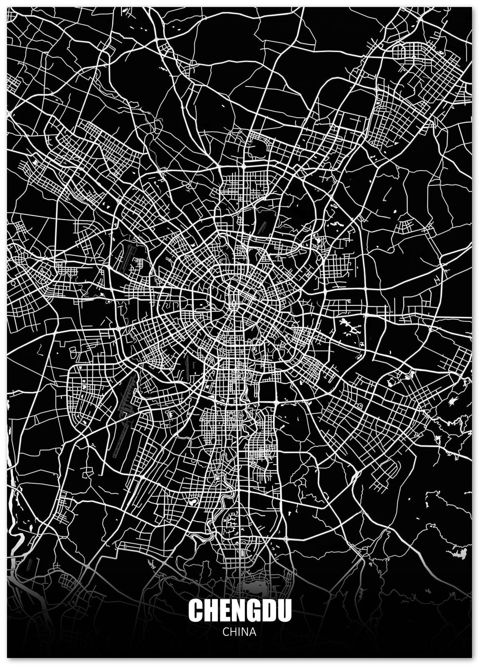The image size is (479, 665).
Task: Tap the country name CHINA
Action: point(239,632)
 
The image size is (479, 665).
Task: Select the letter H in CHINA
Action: point(233,632)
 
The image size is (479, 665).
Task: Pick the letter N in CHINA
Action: point(244,632)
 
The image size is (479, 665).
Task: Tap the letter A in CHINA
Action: point(252,632)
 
